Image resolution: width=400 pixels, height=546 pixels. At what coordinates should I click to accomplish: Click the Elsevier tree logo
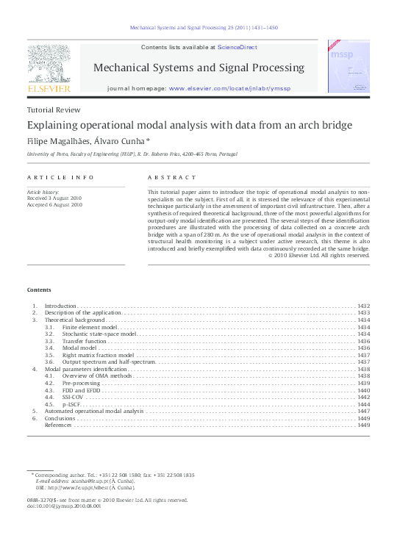49,63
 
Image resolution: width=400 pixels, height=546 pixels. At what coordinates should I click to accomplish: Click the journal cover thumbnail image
349,67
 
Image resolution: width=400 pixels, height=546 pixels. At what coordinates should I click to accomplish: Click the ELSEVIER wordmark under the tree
49,88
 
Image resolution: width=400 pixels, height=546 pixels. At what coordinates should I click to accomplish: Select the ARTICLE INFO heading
60,178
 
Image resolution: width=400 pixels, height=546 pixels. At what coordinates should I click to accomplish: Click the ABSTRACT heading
172,178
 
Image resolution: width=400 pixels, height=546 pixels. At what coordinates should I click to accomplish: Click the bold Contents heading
39,290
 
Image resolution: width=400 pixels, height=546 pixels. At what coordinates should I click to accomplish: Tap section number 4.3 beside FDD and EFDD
49,390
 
